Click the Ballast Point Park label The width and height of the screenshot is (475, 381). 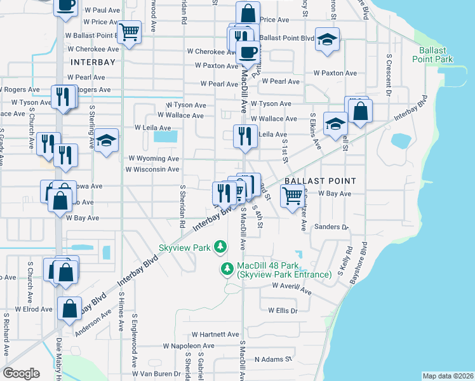435,55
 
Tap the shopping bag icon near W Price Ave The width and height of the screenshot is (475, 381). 248,13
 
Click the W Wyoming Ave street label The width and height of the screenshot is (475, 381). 154,158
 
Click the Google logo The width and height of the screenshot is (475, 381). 21,373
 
